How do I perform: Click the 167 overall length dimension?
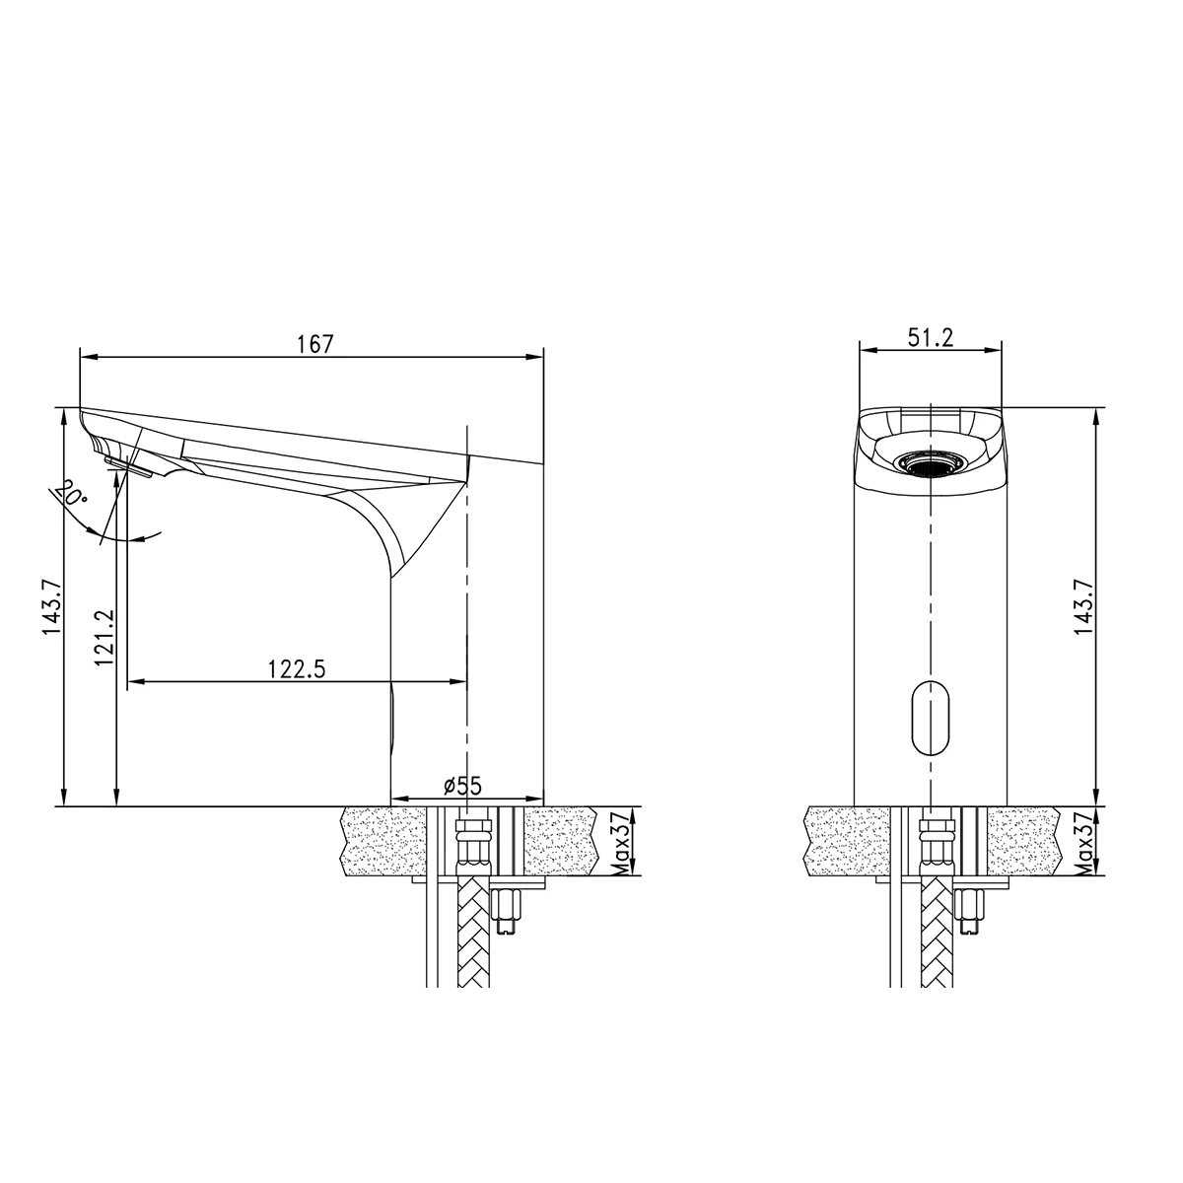pyautogui.click(x=315, y=344)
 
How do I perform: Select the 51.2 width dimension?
pyautogui.click(x=931, y=337)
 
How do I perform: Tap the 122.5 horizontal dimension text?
pyautogui.click(x=296, y=668)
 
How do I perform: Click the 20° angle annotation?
pyautogui.click(x=71, y=493)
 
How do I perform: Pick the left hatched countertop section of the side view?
pyautogui.click(x=381, y=841)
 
